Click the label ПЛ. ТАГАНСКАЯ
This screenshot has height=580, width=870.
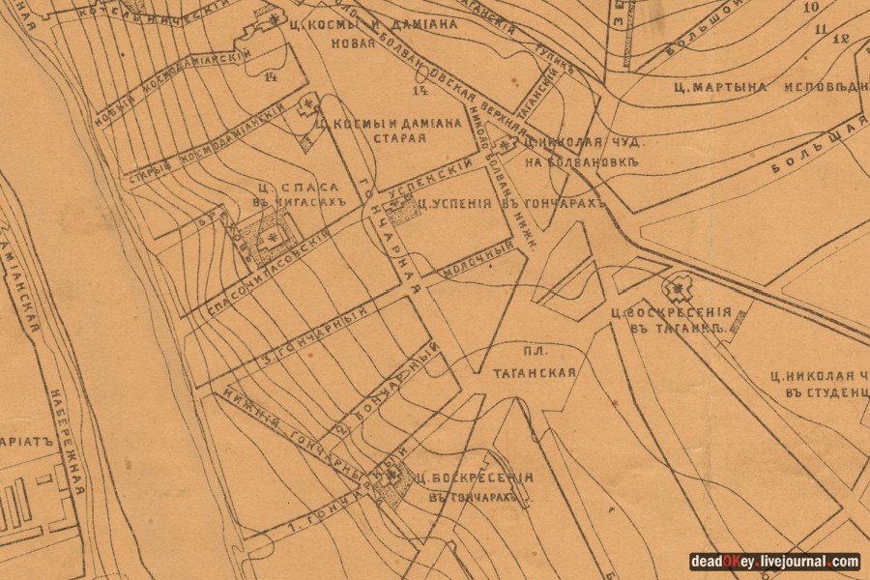click(536, 363)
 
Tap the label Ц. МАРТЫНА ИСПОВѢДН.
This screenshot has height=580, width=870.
click(764, 86)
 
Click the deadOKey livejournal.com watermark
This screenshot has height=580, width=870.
click(773, 562)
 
